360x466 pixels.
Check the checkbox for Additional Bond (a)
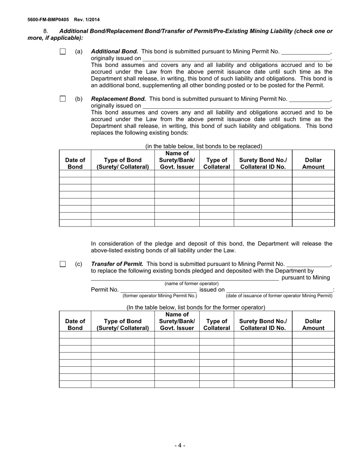(x=63, y=52)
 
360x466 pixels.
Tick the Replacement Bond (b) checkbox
(x=63, y=99)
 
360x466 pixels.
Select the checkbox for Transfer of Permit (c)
(x=63, y=264)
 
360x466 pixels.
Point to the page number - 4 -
(x=180, y=446)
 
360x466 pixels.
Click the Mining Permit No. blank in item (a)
(x=306, y=52)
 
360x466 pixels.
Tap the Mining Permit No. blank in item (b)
(x=310, y=99)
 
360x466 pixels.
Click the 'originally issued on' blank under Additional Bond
(x=236, y=59)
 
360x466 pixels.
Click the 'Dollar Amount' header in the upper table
(x=313, y=163)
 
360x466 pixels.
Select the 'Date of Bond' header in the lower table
(x=75, y=325)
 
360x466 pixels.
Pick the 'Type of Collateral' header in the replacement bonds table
(x=217, y=163)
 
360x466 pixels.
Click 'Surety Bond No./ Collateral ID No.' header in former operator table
(x=263, y=325)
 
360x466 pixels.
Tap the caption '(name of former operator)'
(x=191, y=283)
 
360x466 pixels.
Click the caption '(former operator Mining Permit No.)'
(x=160, y=296)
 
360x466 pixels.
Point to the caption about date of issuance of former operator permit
(x=279, y=296)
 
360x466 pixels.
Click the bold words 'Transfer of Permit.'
(x=117, y=264)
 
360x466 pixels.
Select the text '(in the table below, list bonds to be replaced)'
(x=203, y=146)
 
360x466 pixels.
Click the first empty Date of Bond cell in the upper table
(x=75, y=174)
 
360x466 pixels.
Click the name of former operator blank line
(x=185, y=278)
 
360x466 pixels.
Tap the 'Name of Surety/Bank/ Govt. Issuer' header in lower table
(x=177, y=321)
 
